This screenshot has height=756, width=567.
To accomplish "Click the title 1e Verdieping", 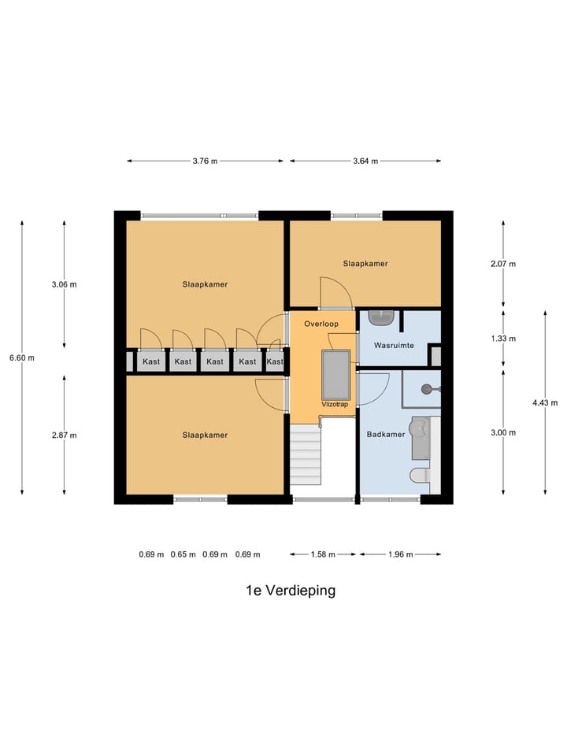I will (x=290, y=591).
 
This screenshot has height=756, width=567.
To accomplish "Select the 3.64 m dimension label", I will (x=365, y=161).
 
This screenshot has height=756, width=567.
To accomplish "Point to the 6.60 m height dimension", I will (x=21, y=358).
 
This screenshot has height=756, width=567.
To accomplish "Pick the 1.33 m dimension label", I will (x=502, y=339).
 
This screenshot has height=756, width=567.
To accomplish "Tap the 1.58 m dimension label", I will (x=323, y=554).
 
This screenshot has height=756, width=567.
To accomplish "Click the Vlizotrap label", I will (x=334, y=403).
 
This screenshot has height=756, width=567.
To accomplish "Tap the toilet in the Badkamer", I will (x=419, y=475).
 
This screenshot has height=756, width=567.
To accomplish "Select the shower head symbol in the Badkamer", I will (x=426, y=388).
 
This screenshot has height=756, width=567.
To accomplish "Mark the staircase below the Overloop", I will (x=306, y=457).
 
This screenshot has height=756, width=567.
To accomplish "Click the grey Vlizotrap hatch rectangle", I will (x=335, y=374).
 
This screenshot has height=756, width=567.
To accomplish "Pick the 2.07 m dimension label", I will (x=502, y=264).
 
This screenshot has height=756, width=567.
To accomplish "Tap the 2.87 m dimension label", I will (x=64, y=435).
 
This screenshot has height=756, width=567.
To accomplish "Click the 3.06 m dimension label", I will (x=64, y=284).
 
